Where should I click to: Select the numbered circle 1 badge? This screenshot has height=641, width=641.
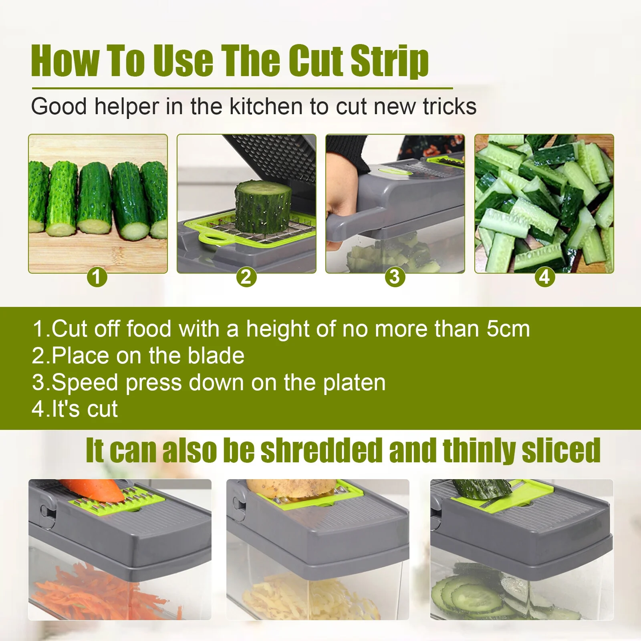(x=97, y=277)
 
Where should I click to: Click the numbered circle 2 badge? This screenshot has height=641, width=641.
(x=246, y=277)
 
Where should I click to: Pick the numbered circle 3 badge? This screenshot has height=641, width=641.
(x=395, y=277)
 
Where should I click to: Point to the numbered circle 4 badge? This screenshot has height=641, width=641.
(x=544, y=277)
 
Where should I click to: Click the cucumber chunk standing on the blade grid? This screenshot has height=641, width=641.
(x=263, y=206)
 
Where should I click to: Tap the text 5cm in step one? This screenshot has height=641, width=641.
(x=508, y=329)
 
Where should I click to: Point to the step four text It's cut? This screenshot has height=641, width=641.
(x=75, y=409)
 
